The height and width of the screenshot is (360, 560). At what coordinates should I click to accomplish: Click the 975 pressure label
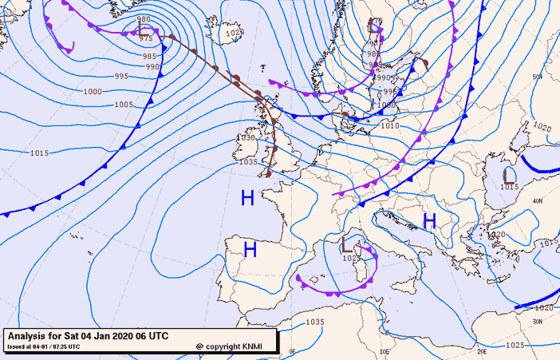(146, 38)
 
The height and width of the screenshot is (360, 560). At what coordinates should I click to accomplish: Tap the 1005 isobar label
(124, 105)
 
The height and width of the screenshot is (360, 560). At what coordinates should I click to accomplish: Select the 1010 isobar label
(390, 125)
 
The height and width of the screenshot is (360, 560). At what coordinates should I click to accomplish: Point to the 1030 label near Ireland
(246, 137)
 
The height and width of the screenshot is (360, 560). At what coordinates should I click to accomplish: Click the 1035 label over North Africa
(314, 322)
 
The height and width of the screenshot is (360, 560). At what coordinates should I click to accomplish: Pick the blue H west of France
(248, 198)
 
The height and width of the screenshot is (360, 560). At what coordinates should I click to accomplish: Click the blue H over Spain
(250, 251)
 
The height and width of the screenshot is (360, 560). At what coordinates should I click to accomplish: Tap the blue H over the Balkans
(429, 220)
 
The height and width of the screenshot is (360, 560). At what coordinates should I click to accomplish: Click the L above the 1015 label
(509, 174)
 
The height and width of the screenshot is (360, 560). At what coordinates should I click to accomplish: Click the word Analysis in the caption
(30, 336)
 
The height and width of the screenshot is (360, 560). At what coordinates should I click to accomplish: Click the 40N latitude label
(538, 200)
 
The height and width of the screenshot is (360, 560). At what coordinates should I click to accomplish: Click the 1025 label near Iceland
(234, 33)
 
